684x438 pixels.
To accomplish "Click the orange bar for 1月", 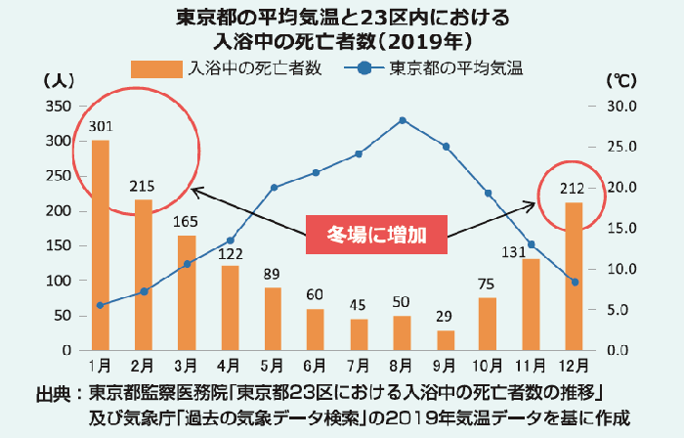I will pyautogui.click(x=100, y=244).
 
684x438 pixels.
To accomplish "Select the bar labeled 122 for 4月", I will pyautogui.click(x=232, y=307).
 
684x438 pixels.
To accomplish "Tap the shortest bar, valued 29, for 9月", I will pyautogui.click(x=446, y=339).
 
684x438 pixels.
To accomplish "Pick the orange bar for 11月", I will pyautogui.click(x=531, y=304).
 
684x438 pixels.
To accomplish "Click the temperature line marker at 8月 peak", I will pyautogui.click(x=403, y=120).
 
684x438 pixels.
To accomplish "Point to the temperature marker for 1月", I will pyautogui.click(x=100, y=305).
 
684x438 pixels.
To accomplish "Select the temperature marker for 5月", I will pyautogui.click(x=275, y=187).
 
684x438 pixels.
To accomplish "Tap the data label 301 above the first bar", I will pyautogui.click(x=100, y=126).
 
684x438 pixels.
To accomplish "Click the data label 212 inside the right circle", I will pyautogui.click(x=574, y=189).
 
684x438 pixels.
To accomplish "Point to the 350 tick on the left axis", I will pyautogui.click(x=58, y=106).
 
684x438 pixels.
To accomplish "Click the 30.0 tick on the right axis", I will pyautogui.click(x=621, y=106).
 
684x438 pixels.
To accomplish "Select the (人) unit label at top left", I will pyautogui.click(x=55, y=78).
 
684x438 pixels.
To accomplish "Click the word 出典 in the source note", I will pyautogui.click(x=53, y=394).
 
